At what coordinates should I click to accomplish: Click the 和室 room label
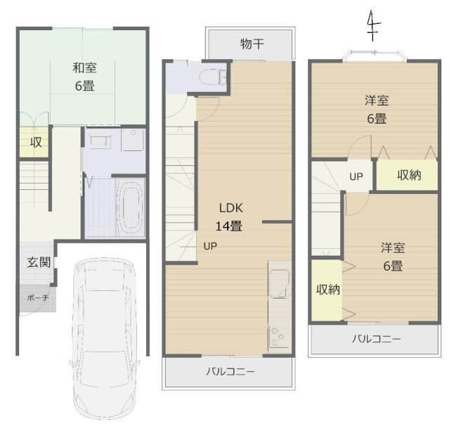click(84, 68)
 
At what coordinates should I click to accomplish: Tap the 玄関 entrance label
click(39, 262)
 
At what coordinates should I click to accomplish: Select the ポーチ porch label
click(38, 298)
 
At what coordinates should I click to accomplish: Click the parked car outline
click(104, 340)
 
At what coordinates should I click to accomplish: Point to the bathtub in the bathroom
click(130, 206)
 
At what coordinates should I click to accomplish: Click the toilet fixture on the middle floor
click(212, 77)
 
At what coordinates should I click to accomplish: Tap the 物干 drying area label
click(252, 44)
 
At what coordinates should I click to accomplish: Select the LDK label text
click(230, 208)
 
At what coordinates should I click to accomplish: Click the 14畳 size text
click(229, 226)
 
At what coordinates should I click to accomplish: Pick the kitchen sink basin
click(279, 284)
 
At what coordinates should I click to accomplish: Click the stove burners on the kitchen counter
click(277, 335)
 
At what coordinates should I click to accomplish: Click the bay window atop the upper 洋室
click(375, 56)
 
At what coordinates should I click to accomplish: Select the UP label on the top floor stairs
click(356, 176)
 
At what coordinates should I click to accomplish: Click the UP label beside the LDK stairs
click(210, 246)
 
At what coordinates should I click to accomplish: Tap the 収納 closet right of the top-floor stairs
click(409, 176)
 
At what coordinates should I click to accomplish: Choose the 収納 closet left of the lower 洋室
click(328, 290)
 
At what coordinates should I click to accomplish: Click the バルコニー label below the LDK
click(230, 372)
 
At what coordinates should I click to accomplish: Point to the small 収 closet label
click(36, 143)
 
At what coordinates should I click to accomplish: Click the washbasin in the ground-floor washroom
click(100, 142)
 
